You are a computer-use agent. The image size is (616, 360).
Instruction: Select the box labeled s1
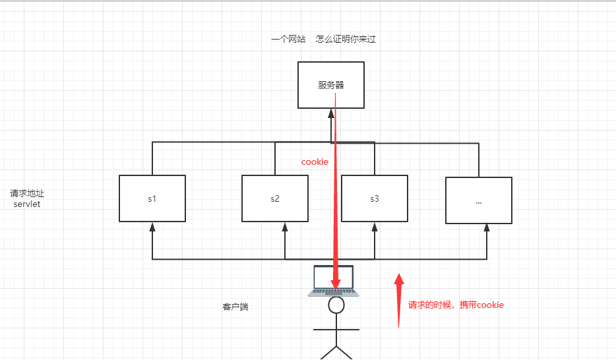click(152, 198)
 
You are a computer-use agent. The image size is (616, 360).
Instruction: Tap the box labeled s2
click(275, 198)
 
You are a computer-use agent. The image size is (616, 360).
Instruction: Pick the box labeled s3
click(374, 198)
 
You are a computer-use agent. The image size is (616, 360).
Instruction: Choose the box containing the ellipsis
click(479, 200)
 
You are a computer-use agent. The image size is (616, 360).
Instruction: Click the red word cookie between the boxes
click(315, 162)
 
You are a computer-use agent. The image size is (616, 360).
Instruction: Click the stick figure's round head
click(337, 305)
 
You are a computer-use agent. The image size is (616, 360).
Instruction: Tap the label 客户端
click(235, 307)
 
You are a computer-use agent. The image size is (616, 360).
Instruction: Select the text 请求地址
click(27, 194)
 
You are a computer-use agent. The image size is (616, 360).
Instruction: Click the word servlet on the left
click(27, 204)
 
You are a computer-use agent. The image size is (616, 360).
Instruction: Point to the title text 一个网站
click(288, 40)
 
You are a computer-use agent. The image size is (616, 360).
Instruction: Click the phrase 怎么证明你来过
click(346, 40)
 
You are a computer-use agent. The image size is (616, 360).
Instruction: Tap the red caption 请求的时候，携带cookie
click(456, 305)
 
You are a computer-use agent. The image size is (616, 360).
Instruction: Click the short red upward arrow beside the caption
click(399, 300)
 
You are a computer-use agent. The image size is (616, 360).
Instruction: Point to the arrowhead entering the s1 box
click(152, 226)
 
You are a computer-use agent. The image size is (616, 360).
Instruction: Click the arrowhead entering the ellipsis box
click(487, 227)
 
